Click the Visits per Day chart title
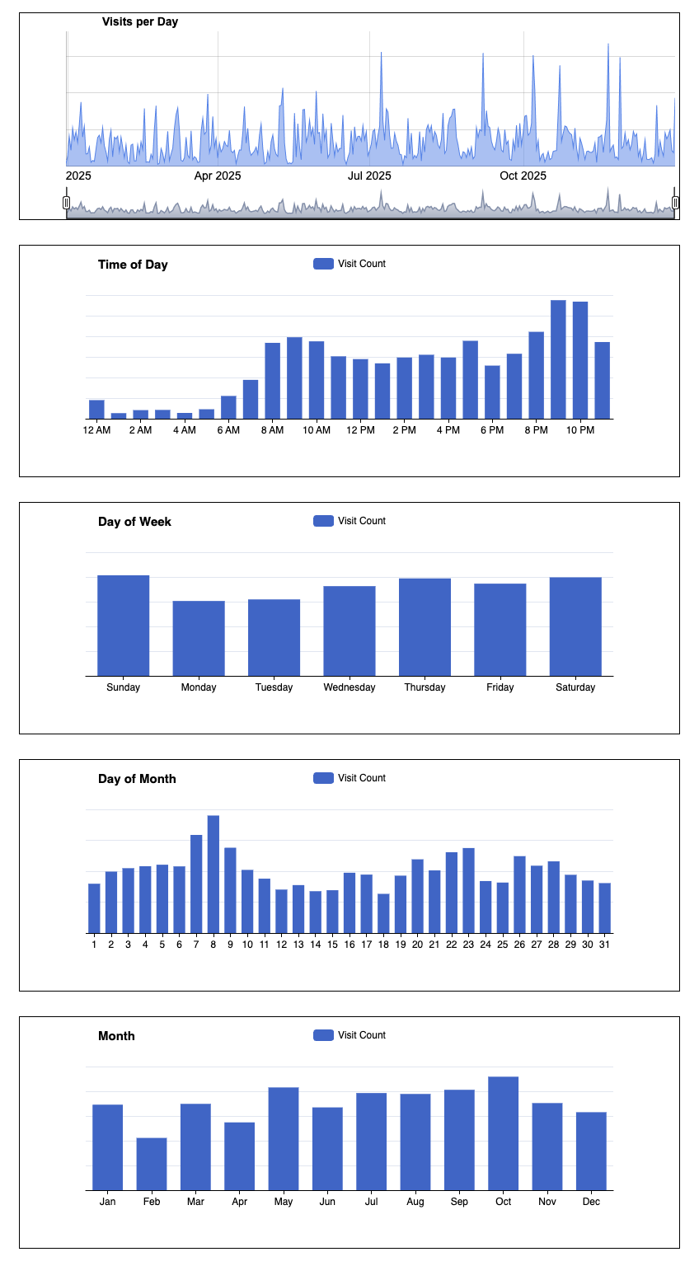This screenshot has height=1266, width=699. pos(140,21)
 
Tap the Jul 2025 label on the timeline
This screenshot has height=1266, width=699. pos(369,176)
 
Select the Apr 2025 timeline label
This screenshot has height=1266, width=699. pos(218,176)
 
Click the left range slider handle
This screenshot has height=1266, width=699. pos(66,203)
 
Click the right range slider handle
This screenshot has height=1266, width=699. pos(675,203)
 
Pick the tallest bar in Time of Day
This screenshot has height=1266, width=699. pos(558,359)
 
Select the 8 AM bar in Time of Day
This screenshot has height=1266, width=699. pos(272,381)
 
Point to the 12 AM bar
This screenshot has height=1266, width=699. pos(96,410)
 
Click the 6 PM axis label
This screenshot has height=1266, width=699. pos(492,430)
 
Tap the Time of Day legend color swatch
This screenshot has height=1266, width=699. pos(323,264)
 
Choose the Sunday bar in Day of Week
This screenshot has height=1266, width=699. pos(123,626)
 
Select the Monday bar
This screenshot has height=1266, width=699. pos(199,639)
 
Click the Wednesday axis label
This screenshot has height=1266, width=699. pos(349,687)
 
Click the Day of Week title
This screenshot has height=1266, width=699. pos(134,522)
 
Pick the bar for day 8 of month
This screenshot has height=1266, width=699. pos(213,874)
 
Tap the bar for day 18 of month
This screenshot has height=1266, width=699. pos(383,913)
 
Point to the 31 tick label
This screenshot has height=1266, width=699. pos(604,945)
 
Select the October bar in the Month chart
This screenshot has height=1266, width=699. pos(503,1133)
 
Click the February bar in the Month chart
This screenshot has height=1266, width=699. pos(152,1164)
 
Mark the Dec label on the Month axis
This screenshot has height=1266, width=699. pos(591,1202)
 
